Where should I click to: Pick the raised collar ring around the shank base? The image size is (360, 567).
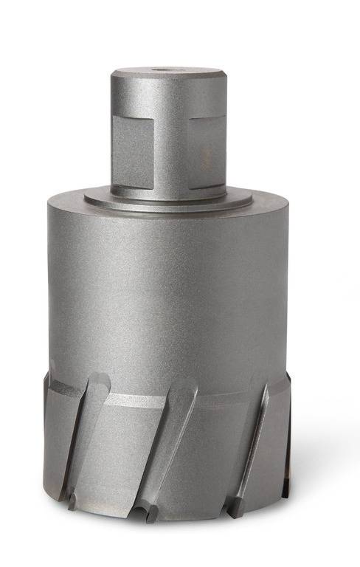point(168,198)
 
